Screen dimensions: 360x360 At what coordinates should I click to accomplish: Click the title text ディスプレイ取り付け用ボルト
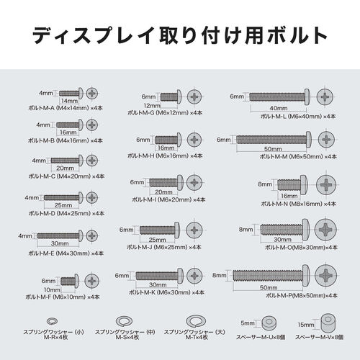tap(180, 33)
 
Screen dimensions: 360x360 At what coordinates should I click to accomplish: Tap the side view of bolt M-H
tap(174, 140)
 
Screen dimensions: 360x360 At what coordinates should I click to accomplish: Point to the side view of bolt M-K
tap(161, 275)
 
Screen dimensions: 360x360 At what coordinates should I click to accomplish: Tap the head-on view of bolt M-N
tap(328, 184)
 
